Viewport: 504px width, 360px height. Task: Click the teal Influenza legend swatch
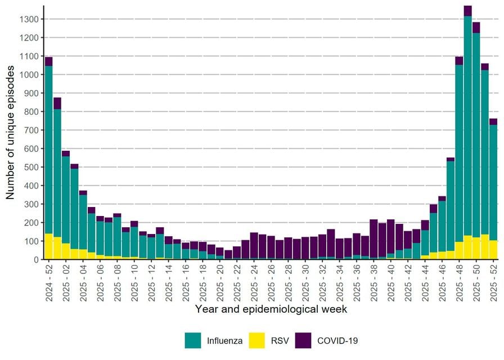pyautogui.click(x=193, y=340)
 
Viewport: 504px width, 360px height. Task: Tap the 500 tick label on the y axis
pyautogui.click(x=31, y=167)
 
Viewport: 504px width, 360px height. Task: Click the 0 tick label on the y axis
pyautogui.click(x=36, y=260)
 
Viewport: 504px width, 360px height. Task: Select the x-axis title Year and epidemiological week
pyautogui.click(x=271, y=309)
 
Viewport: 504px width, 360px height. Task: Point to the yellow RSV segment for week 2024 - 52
pyautogui.click(x=48, y=246)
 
